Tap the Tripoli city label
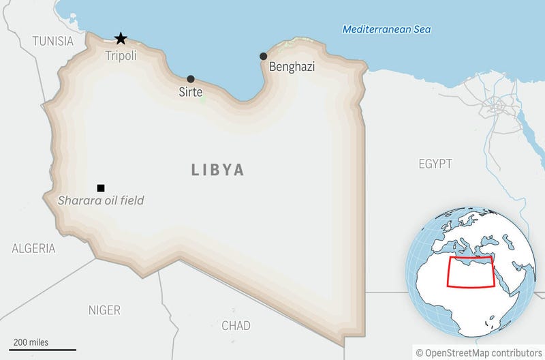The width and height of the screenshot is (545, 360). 121,56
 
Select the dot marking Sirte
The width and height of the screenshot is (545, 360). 191,79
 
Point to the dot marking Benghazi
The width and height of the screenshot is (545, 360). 263,56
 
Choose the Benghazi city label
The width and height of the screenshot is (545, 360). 292,67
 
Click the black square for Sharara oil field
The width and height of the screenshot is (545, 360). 101,187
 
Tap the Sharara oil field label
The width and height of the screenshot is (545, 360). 101,200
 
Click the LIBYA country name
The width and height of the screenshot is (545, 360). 217,170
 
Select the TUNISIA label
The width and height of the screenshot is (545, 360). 52,41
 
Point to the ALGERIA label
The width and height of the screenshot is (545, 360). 33,248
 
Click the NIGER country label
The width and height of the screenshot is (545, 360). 104,310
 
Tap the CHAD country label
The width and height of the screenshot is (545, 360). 236,325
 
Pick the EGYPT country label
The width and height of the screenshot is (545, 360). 435,164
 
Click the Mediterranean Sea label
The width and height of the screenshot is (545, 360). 387,29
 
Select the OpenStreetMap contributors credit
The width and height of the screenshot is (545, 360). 478,352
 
